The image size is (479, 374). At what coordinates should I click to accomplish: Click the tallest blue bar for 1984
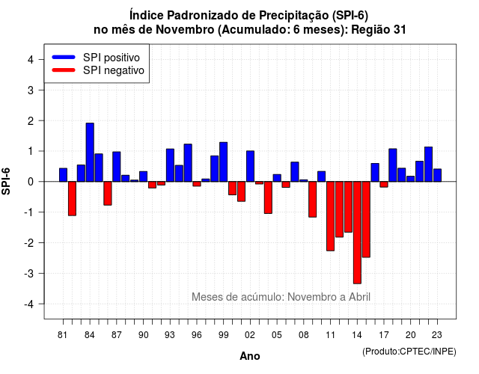click(x=90, y=153)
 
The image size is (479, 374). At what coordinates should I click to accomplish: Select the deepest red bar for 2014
click(x=357, y=233)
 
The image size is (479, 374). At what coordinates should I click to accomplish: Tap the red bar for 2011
click(x=330, y=216)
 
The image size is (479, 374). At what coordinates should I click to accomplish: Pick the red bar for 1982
click(x=72, y=198)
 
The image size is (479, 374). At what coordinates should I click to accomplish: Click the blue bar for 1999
click(x=224, y=162)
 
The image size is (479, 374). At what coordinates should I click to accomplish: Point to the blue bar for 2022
click(x=428, y=165)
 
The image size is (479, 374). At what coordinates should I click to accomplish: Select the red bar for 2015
click(x=366, y=219)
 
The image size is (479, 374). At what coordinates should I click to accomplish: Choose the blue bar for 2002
click(x=250, y=166)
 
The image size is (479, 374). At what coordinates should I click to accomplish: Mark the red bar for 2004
click(x=268, y=197)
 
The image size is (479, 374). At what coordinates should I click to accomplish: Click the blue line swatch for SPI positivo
click(x=64, y=57)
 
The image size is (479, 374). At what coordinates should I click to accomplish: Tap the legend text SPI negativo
click(x=114, y=70)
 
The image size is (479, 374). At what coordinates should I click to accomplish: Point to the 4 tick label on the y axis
click(x=31, y=59)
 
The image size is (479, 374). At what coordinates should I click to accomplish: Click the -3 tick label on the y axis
click(x=28, y=273)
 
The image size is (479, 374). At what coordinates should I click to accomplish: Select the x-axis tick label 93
click(x=170, y=335)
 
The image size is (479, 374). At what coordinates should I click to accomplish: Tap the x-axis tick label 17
click(x=384, y=335)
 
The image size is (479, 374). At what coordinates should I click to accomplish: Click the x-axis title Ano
click(x=250, y=356)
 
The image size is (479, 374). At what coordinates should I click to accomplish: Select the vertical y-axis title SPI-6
click(x=6, y=181)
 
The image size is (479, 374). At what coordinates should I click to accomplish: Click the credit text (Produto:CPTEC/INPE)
click(x=409, y=352)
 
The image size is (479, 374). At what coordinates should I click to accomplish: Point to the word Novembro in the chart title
click(x=185, y=30)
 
